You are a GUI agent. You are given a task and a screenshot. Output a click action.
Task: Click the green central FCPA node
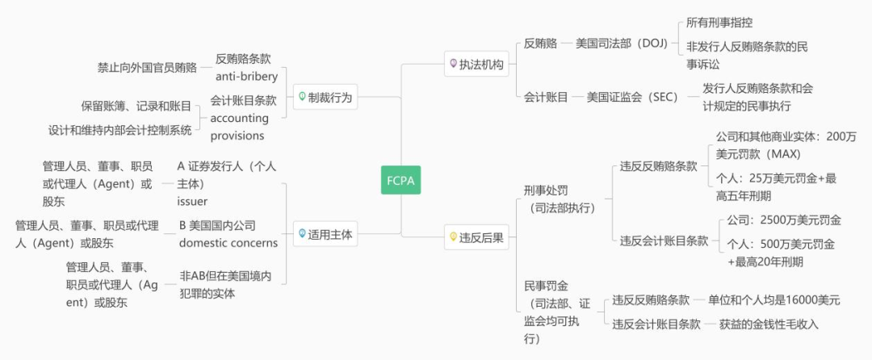point(400,180)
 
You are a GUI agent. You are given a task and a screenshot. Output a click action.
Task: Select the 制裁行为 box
point(325,97)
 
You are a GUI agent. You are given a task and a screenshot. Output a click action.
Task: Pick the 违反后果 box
point(476,237)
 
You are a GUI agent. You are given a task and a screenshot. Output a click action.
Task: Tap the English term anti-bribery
point(246,77)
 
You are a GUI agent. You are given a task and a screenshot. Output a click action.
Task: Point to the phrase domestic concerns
point(228,243)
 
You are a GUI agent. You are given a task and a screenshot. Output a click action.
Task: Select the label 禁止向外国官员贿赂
point(146,67)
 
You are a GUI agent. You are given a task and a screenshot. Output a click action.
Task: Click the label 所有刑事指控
point(719,23)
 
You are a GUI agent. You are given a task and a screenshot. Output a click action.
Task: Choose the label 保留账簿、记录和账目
point(136,106)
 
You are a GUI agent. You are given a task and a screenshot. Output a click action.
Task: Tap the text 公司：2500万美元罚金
point(784,220)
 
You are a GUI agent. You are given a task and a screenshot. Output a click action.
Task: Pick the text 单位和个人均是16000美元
point(773,300)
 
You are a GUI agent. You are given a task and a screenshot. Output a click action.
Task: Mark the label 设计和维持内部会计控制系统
point(119,129)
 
